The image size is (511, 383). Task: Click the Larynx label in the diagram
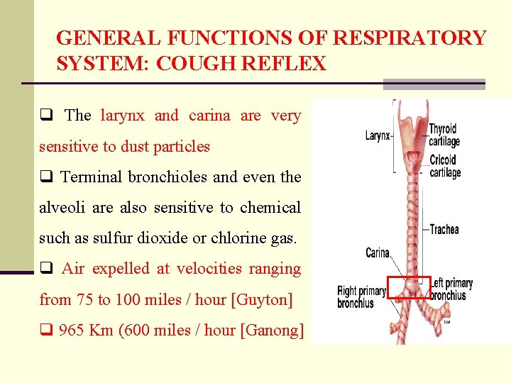[377, 135]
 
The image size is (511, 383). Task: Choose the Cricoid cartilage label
[445, 166]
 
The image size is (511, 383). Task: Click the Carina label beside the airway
[378, 252]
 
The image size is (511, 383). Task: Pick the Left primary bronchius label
[452, 289]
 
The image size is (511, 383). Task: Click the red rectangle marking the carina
[411, 288]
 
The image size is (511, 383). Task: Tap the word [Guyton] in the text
[262, 300]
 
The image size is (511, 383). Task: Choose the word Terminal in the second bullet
[90, 177]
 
